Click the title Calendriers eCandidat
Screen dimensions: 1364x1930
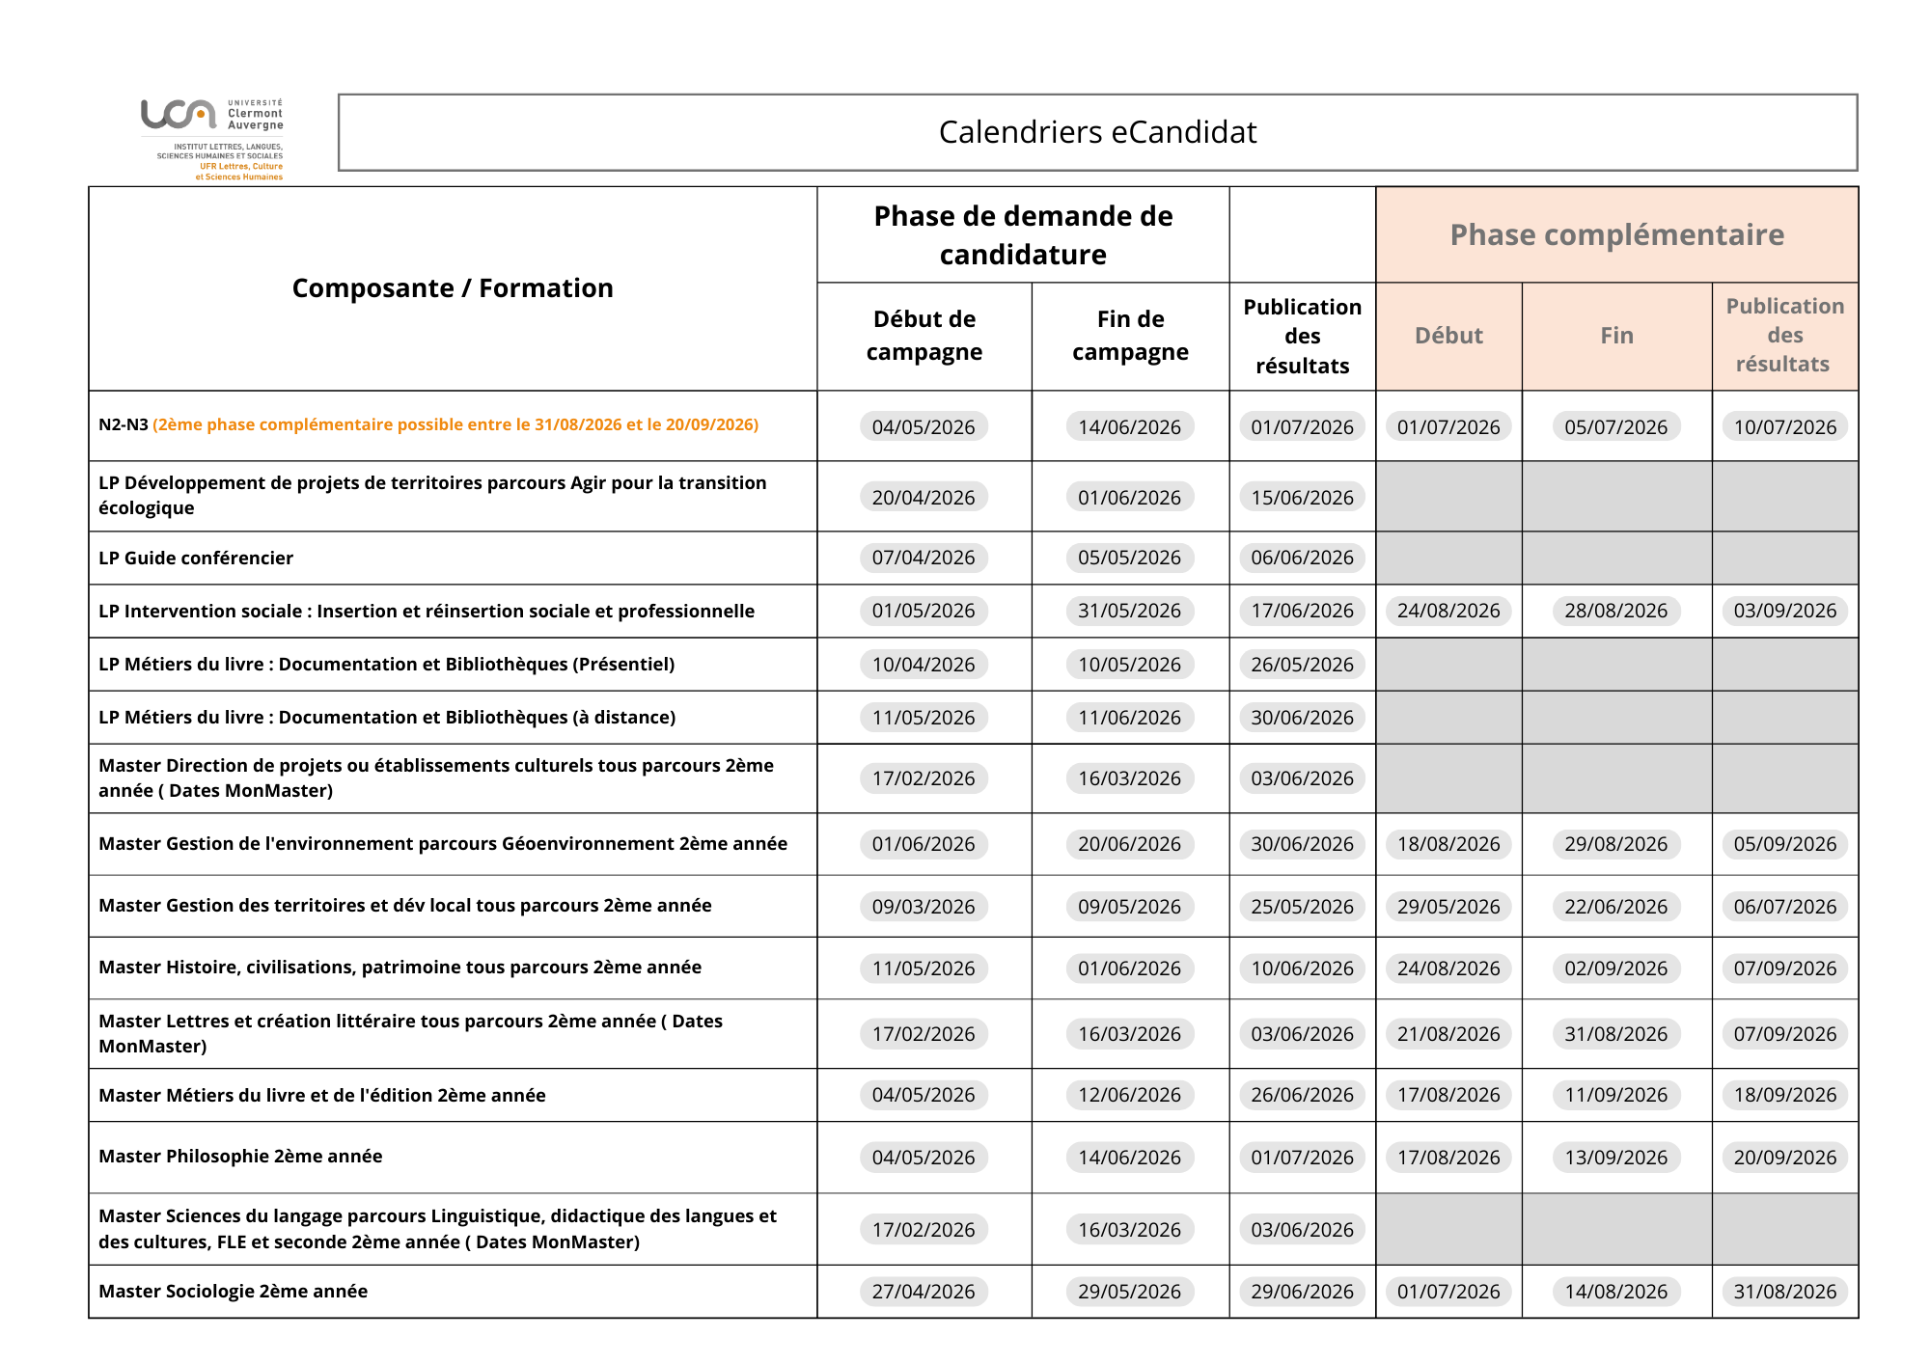tap(1097, 132)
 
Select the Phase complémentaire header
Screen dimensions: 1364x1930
tap(1616, 234)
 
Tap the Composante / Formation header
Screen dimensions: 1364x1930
tap(453, 287)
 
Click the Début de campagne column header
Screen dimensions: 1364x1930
tap(924, 335)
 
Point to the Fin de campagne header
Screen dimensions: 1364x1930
tap(1130, 335)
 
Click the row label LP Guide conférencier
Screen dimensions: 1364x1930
tap(196, 558)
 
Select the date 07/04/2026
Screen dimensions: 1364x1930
tap(924, 558)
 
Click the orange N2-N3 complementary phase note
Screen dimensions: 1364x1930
tap(455, 424)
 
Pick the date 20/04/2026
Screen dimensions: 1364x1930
tap(924, 498)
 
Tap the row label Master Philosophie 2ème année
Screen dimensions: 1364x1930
tap(240, 1156)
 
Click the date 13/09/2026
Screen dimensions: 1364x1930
tap(1615, 1158)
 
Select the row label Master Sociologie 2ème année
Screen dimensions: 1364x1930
tap(233, 1291)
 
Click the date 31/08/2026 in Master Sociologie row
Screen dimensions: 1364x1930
tap(1784, 1292)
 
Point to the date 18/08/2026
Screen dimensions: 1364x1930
tap(1448, 844)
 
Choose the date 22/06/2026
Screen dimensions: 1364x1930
tap(1615, 907)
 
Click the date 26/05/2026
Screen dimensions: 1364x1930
tap(1302, 665)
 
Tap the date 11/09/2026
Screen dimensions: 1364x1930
tap(1615, 1095)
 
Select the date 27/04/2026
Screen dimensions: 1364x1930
tap(924, 1292)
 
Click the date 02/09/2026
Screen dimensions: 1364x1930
tap(1615, 968)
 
